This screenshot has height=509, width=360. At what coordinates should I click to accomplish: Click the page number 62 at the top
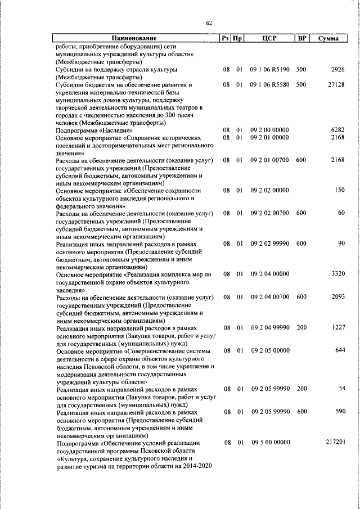(x=209, y=23)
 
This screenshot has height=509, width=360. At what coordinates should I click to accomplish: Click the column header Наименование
(x=133, y=38)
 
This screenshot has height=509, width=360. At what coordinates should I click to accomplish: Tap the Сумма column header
(x=328, y=38)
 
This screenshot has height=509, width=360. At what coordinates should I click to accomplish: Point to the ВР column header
(x=301, y=38)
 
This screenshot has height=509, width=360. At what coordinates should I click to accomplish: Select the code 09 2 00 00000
(x=269, y=130)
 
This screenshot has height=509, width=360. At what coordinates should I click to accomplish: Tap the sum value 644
(x=339, y=350)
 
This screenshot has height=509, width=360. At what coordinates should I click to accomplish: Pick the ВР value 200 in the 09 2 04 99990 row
(x=301, y=327)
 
